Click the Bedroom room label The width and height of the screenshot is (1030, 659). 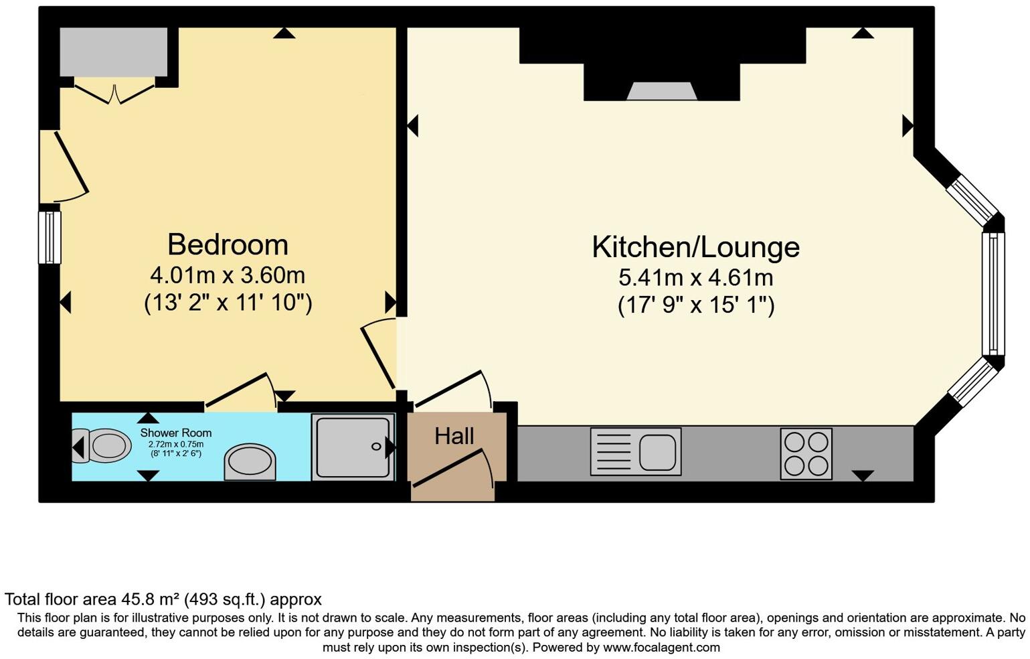click(x=228, y=244)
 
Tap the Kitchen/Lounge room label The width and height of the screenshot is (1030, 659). click(x=695, y=247)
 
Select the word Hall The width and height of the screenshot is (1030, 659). click(x=454, y=437)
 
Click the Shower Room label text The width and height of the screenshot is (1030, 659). click(x=175, y=433)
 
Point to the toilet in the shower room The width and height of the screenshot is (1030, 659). click(x=104, y=446)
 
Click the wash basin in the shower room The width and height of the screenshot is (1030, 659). click(x=250, y=462)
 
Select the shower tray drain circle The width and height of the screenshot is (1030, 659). click(x=376, y=447)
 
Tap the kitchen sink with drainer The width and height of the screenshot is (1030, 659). click(x=635, y=452)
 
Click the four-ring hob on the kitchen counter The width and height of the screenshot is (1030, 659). click(x=806, y=453)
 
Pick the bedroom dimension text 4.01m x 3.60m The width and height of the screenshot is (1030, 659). click(x=228, y=275)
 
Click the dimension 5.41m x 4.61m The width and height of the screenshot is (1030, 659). click(x=695, y=277)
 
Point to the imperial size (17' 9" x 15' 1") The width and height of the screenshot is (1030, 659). click(x=695, y=305)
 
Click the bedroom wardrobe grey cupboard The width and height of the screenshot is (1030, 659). click(x=113, y=52)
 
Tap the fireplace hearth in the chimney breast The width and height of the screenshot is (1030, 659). click(x=662, y=92)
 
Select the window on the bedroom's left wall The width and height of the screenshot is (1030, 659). click(x=50, y=237)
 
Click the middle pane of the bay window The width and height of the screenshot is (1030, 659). click(x=993, y=293)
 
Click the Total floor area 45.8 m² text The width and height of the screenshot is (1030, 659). click(x=163, y=599)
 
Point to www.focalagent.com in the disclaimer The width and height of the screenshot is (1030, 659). click(x=661, y=648)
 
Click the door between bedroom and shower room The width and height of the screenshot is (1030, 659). click(x=240, y=390)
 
